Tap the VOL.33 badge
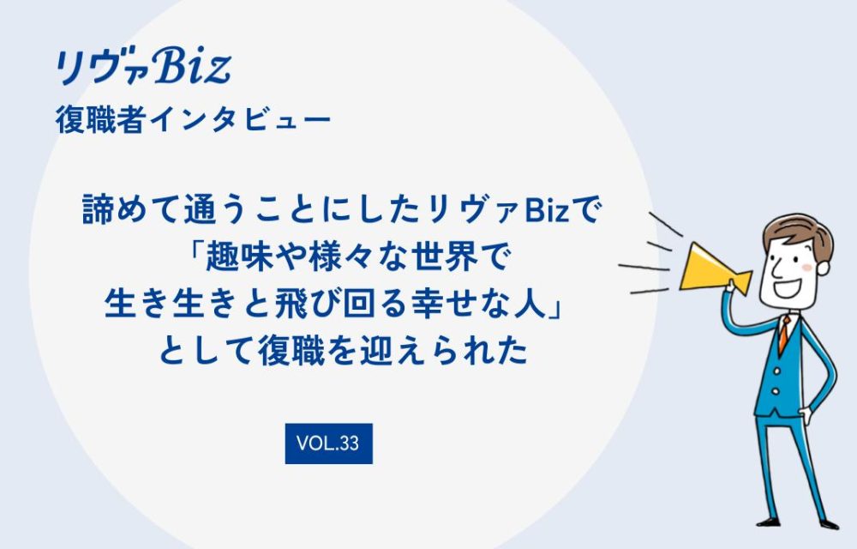tap(328, 443)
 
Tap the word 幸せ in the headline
tap(436, 302)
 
